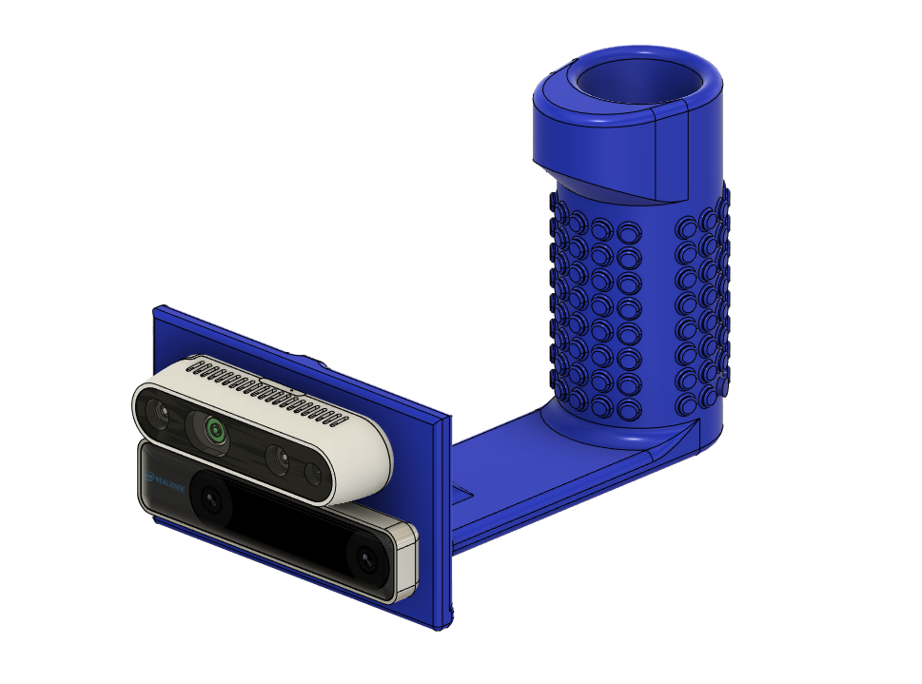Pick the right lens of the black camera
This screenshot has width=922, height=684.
point(366,561)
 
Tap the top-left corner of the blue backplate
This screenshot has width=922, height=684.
point(160,310)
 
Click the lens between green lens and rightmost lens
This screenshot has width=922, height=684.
point(277,459)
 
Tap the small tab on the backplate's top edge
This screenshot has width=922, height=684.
point(312,360)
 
